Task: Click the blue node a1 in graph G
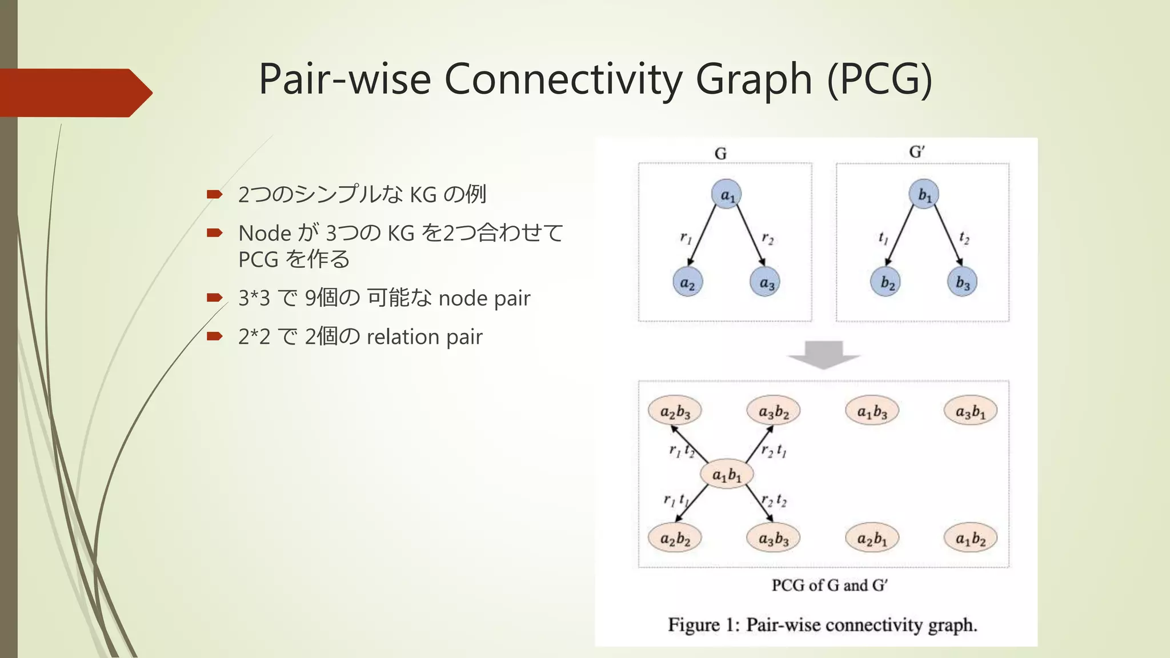point(727,194)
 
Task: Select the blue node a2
point(687,282)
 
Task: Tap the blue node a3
point(766,282)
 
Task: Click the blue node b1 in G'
point(924,194)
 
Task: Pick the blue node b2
point(886,282)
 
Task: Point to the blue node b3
point(963,282)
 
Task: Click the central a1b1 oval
point(727,474)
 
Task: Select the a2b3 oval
point(675,411)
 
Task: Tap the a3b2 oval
point(774,411)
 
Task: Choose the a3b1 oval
point(971,411)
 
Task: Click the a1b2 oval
point(971,538)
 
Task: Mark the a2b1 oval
point(872,538)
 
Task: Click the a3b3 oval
point(774,538)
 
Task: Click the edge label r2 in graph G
point(767,238)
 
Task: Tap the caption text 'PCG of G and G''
point(830,585)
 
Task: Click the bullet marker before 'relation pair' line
point(214,336)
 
